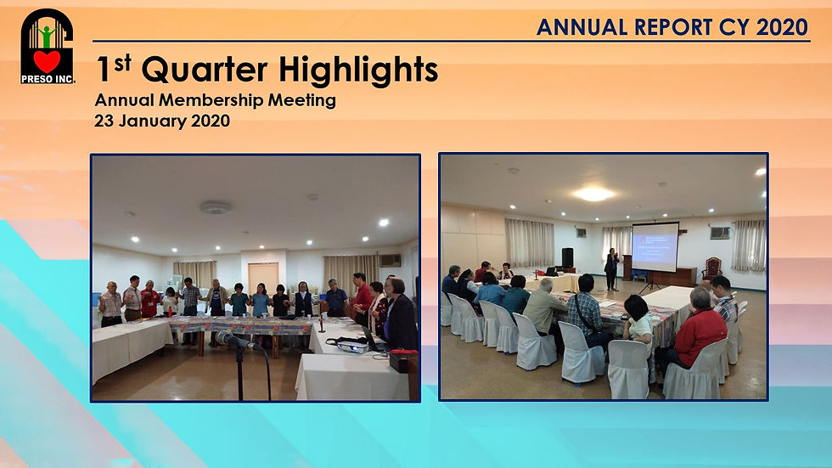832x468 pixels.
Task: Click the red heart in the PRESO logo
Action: [x=47, y=61]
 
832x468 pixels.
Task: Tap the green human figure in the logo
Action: [x=48, y=36]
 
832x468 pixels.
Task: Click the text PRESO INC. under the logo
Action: [x=48, y=80]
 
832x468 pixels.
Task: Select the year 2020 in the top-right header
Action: [x=782, y=27]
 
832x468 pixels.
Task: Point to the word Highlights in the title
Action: [x=358, y=70]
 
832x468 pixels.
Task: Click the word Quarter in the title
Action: [x=205, y=70]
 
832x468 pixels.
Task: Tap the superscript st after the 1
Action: [x=122, y=63]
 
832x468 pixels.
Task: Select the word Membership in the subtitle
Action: [x=211, y=100]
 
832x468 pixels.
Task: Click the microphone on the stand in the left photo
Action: [x=234, y=339]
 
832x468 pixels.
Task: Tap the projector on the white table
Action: [x=353, y=347]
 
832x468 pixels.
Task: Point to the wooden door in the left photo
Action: [x=263, y=279]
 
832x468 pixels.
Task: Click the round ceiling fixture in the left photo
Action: [x=216, y=207]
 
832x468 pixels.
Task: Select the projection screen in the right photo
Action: [x=655, y=246]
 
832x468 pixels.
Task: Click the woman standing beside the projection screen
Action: [x=612, y=268]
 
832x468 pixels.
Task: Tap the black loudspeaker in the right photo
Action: [x=568, y=257]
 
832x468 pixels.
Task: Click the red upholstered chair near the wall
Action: [x=712, y=268]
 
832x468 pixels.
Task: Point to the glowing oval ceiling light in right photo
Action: [x=593, y=195]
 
